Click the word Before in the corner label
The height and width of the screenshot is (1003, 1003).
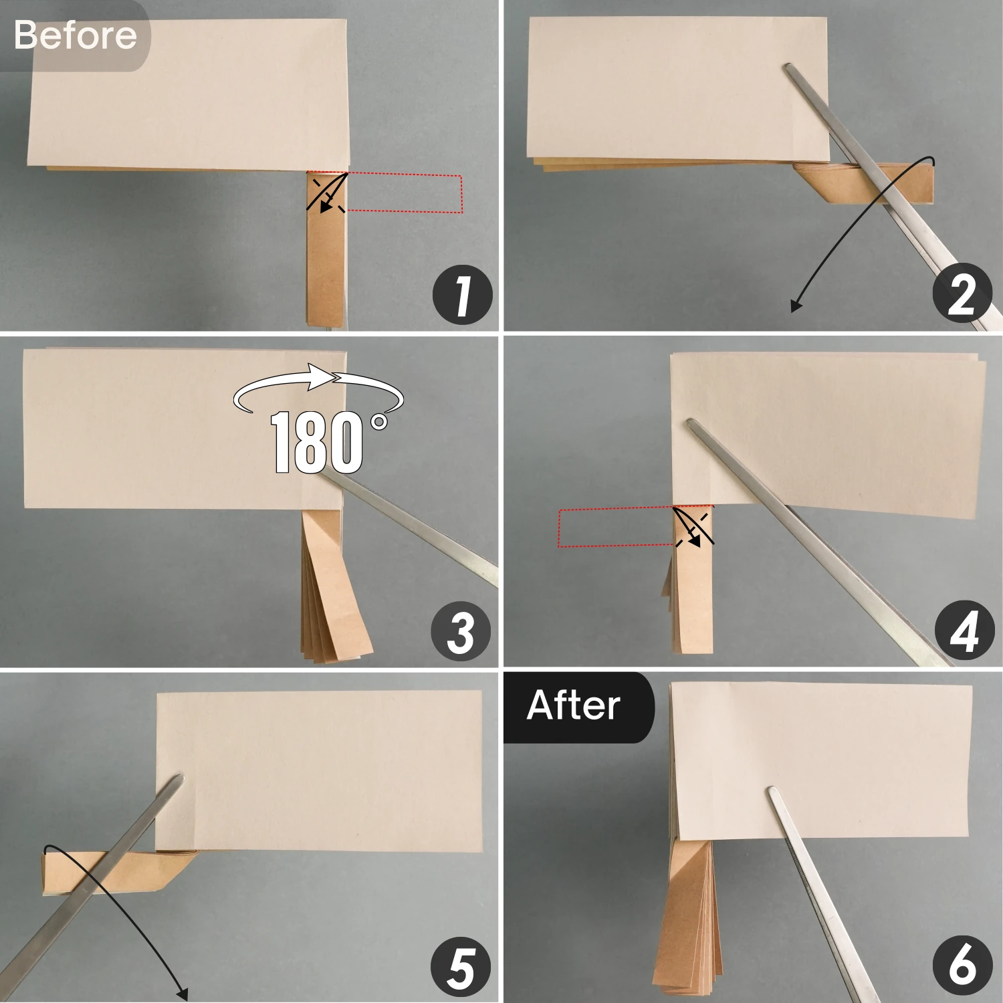point(75,35)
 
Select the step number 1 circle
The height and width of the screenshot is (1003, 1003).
point(463,295)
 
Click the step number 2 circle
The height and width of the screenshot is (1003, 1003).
point(962,294)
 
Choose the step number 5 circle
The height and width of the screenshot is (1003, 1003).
point(461,968)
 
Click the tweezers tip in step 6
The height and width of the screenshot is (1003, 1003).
point(772,790)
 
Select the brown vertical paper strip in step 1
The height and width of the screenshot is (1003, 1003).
point(326,249)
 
